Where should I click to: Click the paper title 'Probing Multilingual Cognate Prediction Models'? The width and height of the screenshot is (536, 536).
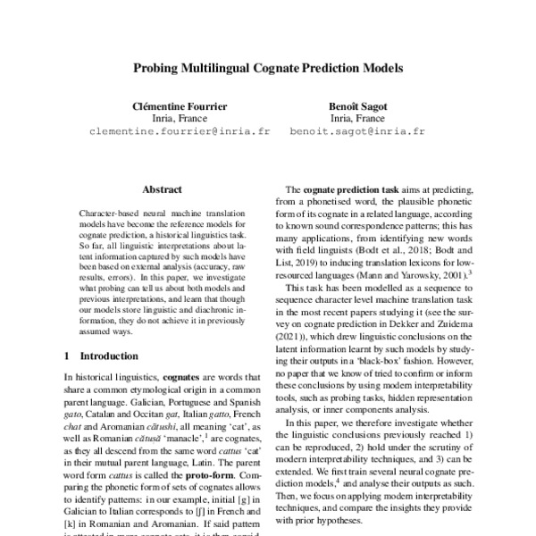click(x=268, y=67)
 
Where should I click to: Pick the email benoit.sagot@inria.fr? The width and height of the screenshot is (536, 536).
click(x=357, y=130)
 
